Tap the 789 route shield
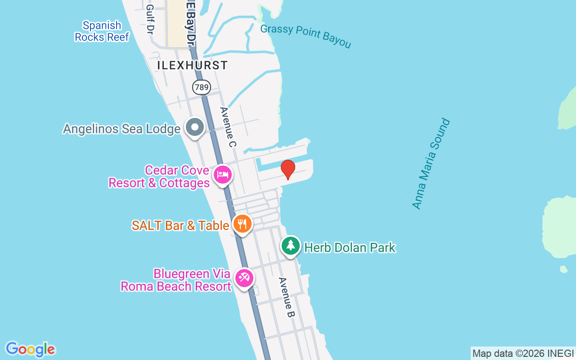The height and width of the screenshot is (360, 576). pyautogui.click(x=201, y=87)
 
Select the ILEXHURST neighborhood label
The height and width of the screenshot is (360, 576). pyautogui.click(x=192, y=65)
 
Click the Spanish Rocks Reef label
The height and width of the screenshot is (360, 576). pyautogui.click(x=102, y=31)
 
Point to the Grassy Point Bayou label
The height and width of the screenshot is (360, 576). pyautogui.click(x=306, y=36)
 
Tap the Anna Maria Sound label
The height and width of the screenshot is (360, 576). pyautogui.click(x=431, y=163)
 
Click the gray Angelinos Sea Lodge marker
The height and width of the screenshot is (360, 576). pyautogui.click(x=195, y=127)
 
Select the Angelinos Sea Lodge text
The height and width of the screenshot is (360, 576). pyautogui.click(x=121, y=129)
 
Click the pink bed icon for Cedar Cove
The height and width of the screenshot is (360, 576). pyautogui.click(x=222, y=175)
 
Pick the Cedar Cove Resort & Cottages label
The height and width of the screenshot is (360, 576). pyautogui.click(x=159, y=177)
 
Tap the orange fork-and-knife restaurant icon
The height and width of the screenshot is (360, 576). pyautogui.click(x=243, y=224)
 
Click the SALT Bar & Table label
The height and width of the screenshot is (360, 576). pyautogui.click(x=180, y=225)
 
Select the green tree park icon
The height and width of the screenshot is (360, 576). pyautogui.click(x=291, y=246)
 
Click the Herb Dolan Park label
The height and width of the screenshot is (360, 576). pyautogui.click(x=350, y=247)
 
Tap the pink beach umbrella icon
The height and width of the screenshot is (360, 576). pyautogui.click(x=244, y=278)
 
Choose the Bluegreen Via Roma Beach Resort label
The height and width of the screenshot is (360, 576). pyautogui.click(x=175, y=280)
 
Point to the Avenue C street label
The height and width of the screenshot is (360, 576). pyautogui.click(x=228, y=127)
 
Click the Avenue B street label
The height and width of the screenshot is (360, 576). pyautogui.click(x=286, y=297)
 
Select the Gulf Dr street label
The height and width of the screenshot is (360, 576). pyautogui.click(x=150, y=20)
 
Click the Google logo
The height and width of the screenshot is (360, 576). pyautogui.click(x=30, y=349)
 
